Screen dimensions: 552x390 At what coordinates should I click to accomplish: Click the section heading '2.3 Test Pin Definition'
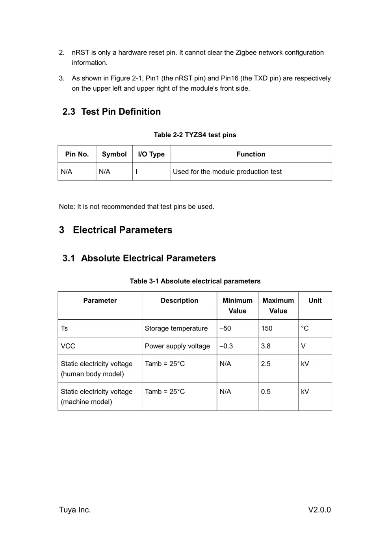tap(111, 112)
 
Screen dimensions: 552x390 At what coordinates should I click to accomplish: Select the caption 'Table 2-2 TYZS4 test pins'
tap(195, 135)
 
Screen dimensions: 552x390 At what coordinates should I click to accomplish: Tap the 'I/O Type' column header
tap(151, 154)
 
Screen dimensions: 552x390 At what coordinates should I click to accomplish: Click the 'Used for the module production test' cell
tap(227, 172)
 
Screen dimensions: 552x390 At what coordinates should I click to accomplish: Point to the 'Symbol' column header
tap(114, 154)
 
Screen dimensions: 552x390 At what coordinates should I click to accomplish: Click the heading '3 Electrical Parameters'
tap(116, 230)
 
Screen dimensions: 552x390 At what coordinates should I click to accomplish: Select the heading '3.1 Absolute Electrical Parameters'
tap(139, 258)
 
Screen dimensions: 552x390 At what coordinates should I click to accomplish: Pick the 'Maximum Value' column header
tap(278, 306)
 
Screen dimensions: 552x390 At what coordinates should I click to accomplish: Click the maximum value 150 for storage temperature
tap(267, 328)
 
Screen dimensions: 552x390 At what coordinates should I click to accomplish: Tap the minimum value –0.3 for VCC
tap(226, 346)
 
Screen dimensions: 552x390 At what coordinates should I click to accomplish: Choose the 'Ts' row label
tap(64, 328)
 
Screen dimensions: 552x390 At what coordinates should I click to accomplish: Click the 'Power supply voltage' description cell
tap(177, 346)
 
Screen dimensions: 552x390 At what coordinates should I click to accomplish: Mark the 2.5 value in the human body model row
tap(266, 364)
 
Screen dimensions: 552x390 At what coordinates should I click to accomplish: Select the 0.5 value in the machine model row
tap(266, 392)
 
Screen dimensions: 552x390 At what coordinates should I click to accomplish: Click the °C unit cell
tap(305, 328)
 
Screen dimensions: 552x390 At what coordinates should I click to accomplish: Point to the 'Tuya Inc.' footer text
tap(75, 510)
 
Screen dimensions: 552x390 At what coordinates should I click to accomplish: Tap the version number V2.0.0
tap(319, 510)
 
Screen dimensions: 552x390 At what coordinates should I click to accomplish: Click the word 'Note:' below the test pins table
tap(67, 207)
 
